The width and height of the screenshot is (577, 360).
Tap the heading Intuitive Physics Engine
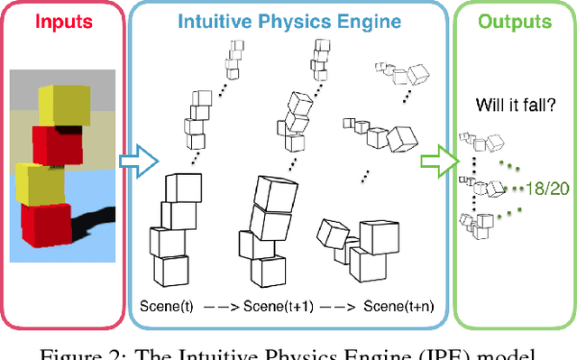point(288,21)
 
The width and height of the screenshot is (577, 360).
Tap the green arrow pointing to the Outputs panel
point(437,159)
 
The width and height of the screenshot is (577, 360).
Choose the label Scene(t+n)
point(398,307)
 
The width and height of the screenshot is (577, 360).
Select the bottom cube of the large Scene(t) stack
point(169,271)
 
